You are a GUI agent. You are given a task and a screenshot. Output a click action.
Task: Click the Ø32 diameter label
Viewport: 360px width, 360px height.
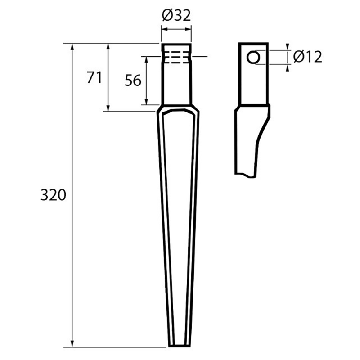176,16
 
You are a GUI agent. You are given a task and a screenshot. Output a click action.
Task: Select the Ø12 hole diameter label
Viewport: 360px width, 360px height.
307,57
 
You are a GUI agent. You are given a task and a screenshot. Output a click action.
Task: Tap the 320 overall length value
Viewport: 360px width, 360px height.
54,195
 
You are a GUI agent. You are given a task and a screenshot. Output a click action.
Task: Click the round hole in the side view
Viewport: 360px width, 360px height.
253,57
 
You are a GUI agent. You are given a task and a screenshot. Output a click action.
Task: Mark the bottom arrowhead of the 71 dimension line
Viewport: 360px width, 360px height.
108,108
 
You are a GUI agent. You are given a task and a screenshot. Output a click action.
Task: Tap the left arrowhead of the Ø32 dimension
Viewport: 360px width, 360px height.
163,29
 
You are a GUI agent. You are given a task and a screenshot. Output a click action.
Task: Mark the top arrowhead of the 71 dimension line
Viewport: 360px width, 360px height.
108,46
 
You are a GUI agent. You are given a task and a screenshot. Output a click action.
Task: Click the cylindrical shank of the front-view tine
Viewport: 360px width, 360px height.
176,83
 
